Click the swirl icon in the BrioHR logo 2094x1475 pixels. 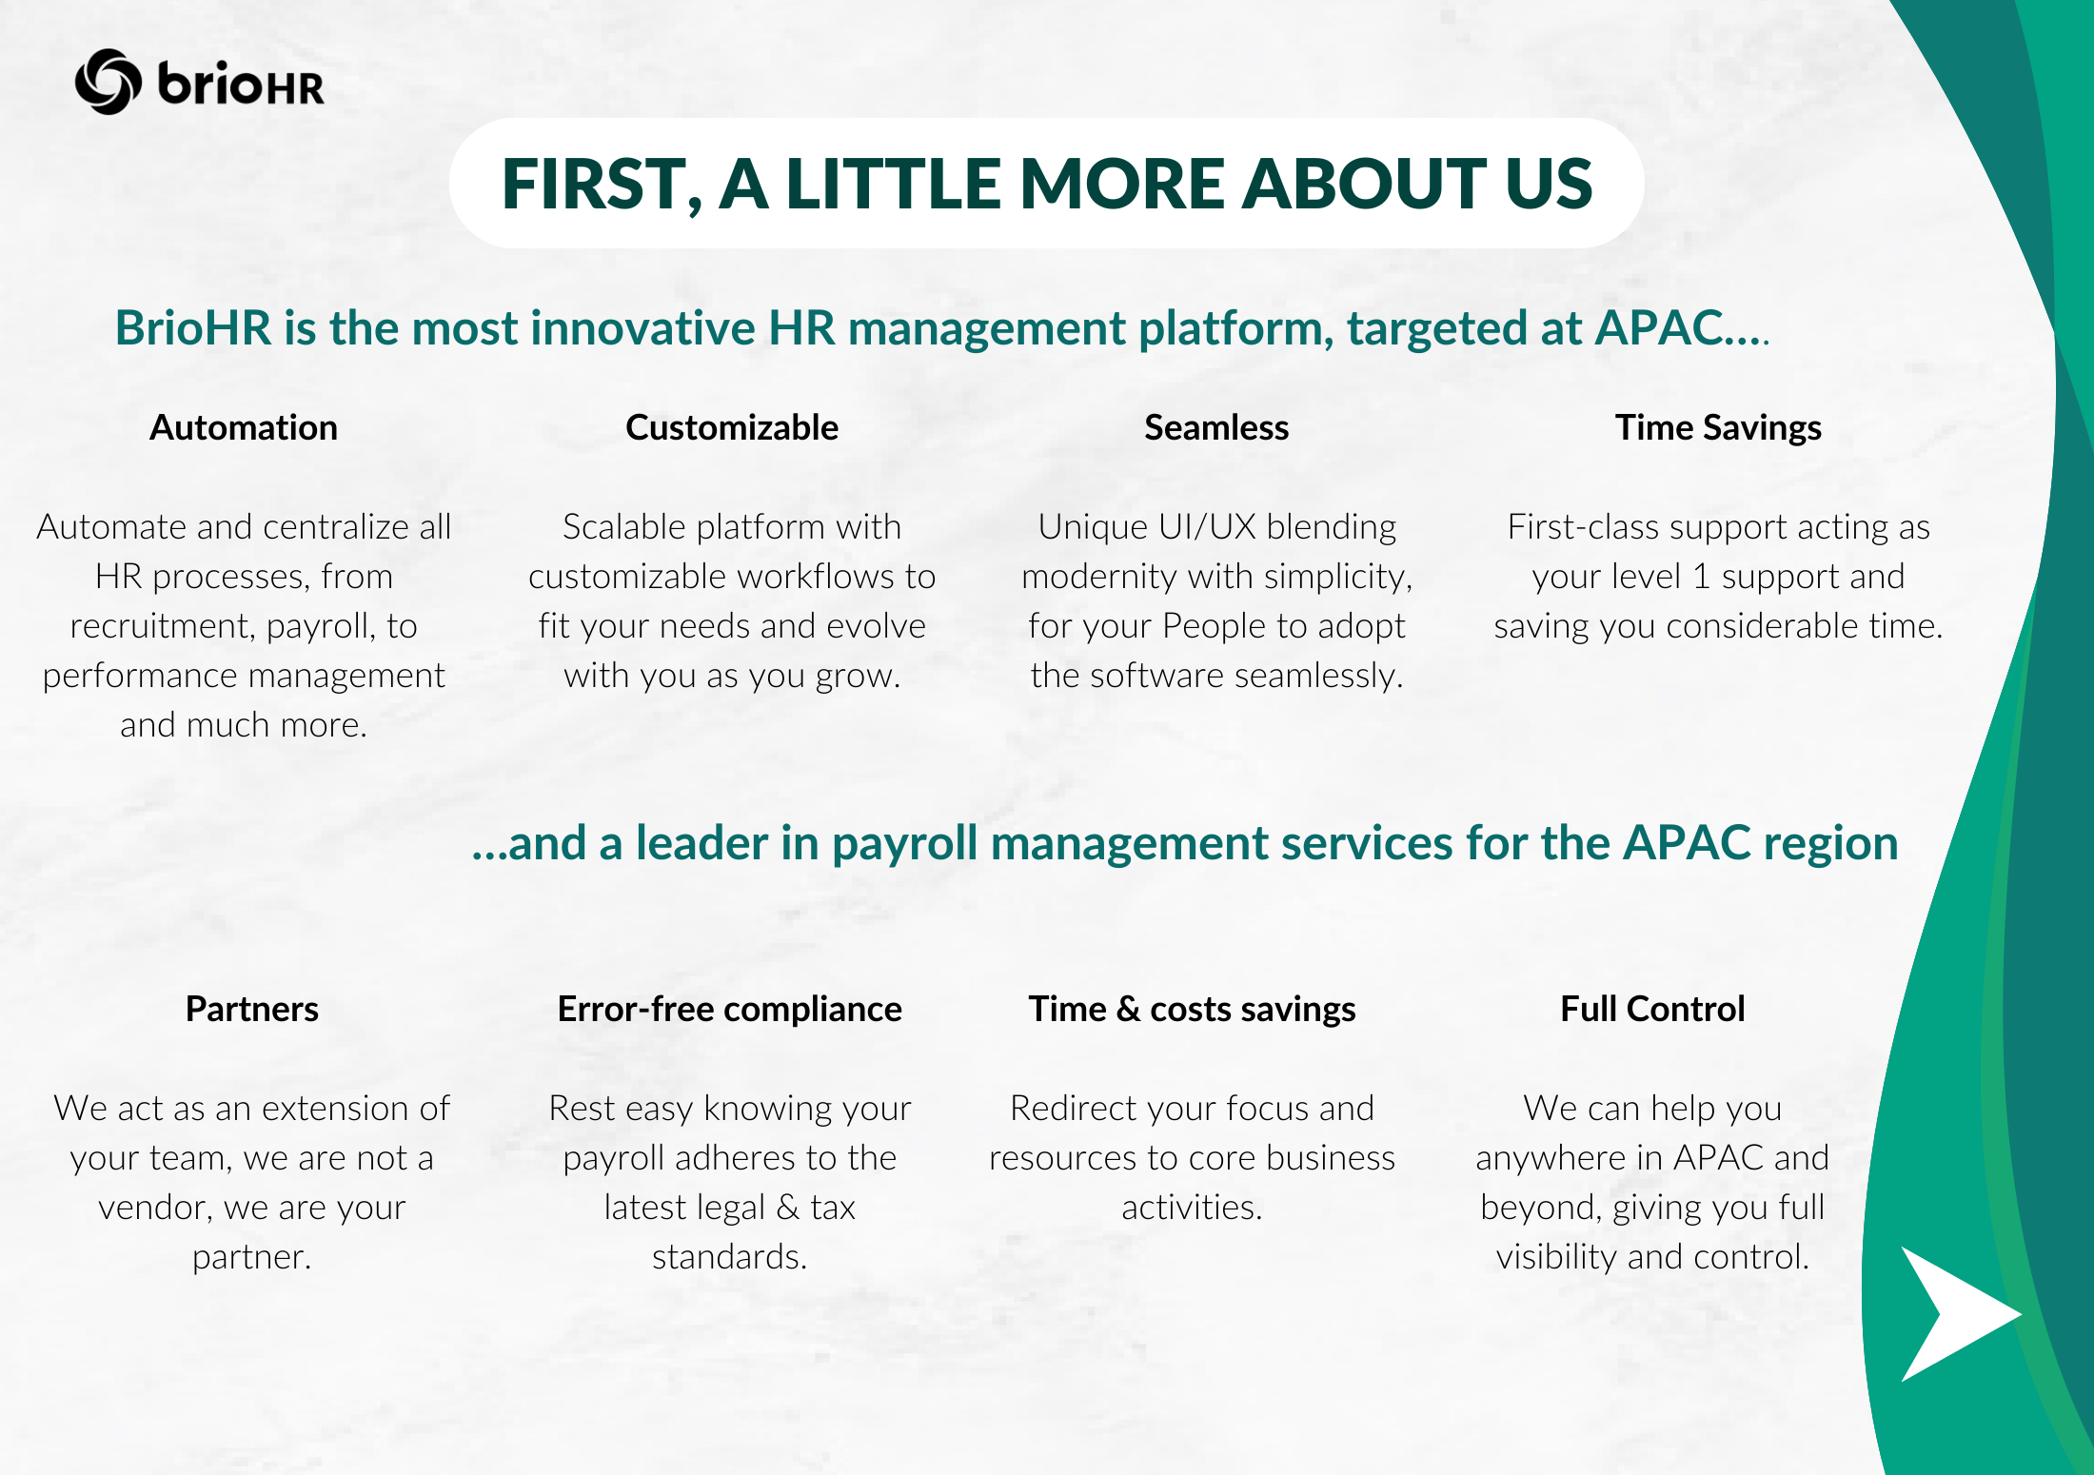(x=109, y=82)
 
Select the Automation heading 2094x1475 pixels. (x=244, y=428)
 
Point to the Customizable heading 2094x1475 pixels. (x=732, y=428)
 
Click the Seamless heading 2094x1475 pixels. (x=1216, y=428)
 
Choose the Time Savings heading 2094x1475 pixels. (x=1718, y=428)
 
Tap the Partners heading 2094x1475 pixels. (x=252, y=1009)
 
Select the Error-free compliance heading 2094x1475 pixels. (x=730, y=1009)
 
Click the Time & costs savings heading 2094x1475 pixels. (x=1192, y=1009)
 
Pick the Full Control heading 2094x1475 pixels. (x=1652, y=1009)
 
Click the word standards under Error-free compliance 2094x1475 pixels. (x=729, y=1257)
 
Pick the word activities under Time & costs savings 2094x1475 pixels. (x=1192, y=1208)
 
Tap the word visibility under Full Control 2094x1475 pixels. (x=1556, y=1257)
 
